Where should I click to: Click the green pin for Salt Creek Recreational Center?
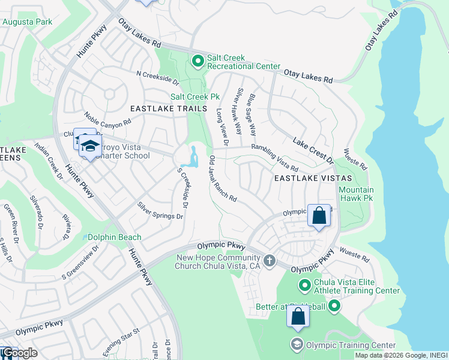point(197,61)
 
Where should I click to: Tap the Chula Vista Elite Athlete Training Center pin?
point(305,285)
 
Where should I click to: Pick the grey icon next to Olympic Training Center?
point(297,344)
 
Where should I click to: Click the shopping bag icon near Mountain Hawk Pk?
point(319,215)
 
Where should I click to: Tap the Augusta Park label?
point(27,22)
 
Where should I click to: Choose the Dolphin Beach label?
point(115,237)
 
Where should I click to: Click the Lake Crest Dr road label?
point(313,150)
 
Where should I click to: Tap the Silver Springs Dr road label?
point(160,211)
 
